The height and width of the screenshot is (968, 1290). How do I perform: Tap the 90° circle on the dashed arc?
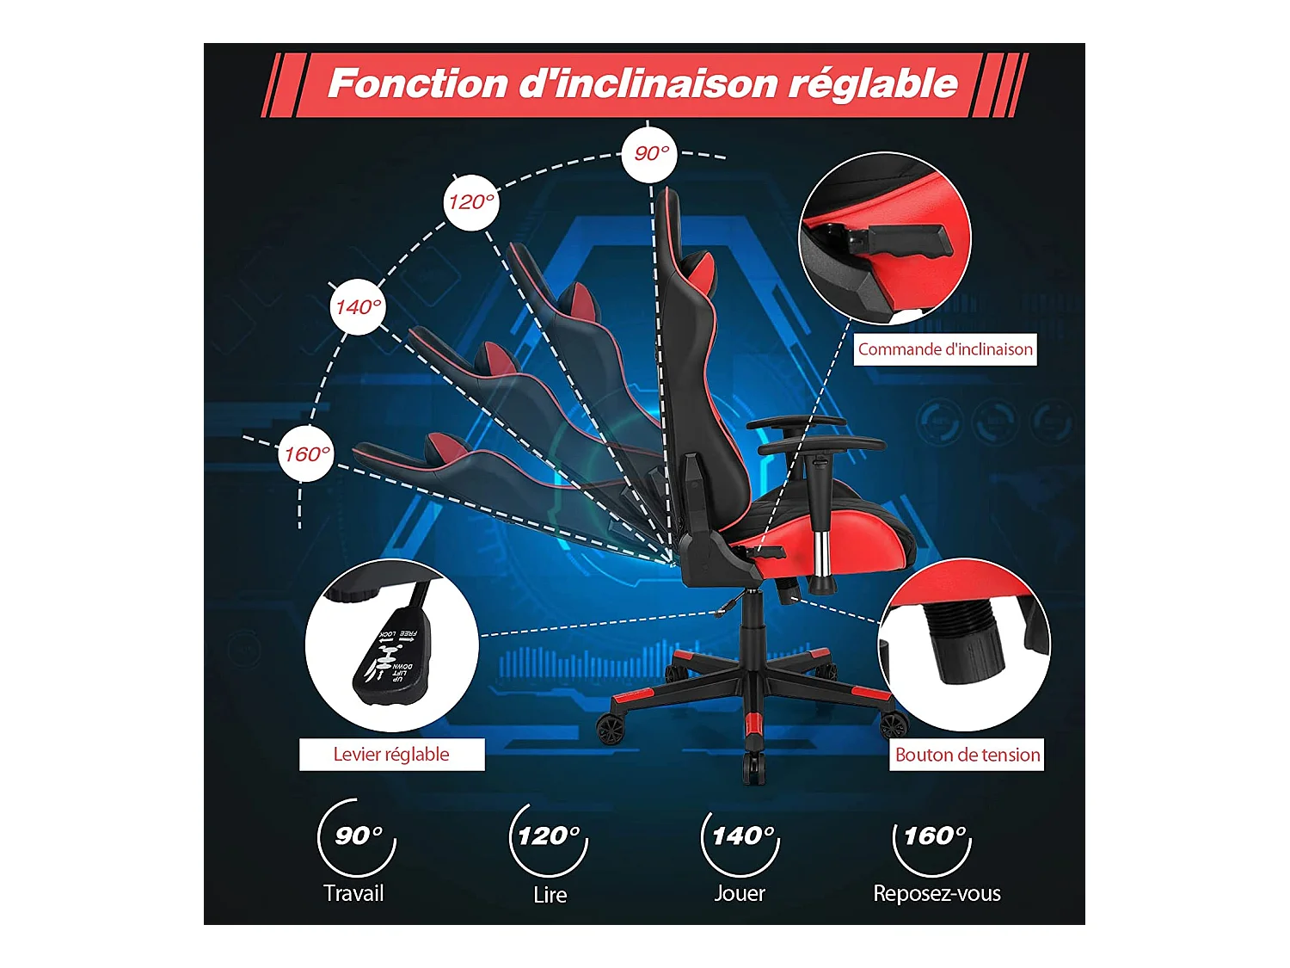pos(650,154)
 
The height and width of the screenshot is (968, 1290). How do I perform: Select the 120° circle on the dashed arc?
pos(471,202)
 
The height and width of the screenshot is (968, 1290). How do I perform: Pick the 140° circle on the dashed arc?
pos(358,307)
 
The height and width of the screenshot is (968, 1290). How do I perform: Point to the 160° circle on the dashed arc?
pos(307,454)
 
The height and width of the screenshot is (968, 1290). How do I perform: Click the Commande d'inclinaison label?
pos(944,349)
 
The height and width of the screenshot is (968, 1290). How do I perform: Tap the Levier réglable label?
pos(391,755)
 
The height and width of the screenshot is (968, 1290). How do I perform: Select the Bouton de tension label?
pos(967,755)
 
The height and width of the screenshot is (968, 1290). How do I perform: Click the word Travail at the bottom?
pos(353,893)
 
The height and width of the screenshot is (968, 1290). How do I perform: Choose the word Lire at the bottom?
pos(550,895)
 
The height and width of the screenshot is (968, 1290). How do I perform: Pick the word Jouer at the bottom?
pos(740,893)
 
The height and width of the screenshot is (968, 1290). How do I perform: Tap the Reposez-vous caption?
pos(937,893)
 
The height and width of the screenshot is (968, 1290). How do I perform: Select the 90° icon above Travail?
pos(357,836)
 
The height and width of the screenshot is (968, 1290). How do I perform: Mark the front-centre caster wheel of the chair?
pos(754,766)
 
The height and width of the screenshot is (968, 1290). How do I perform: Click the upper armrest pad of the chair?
pos(795,422)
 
